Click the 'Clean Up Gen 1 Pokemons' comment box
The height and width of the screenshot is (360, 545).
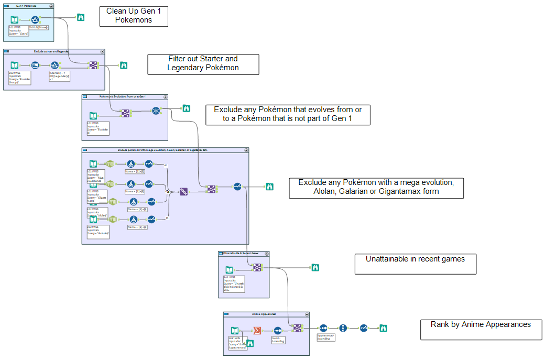coord(134,16)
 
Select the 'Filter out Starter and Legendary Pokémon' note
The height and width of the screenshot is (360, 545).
coord(203,64)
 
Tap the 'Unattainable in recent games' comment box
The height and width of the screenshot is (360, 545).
coord(416,264)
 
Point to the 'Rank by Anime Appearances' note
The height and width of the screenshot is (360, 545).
coord(481,330)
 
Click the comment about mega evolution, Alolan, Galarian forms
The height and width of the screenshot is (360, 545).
coord(376,188)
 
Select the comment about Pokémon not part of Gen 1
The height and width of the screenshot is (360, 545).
coord(288,115)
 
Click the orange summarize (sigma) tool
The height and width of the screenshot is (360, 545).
coord(257,330)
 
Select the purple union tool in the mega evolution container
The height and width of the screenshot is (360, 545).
coord(184,192)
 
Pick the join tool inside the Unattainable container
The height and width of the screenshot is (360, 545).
coord(257,267)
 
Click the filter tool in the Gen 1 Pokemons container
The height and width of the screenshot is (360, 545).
coord(35,19)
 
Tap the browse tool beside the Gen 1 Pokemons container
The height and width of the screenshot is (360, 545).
coord(81,17)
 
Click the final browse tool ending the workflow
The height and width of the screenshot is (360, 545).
coord(383,328)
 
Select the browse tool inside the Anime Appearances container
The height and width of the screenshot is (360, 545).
coord(250,343)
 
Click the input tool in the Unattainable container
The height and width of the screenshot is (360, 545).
coord(229,270)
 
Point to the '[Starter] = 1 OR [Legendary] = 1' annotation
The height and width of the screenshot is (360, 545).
coord(60,77)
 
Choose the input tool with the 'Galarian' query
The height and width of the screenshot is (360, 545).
coord(93,220)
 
